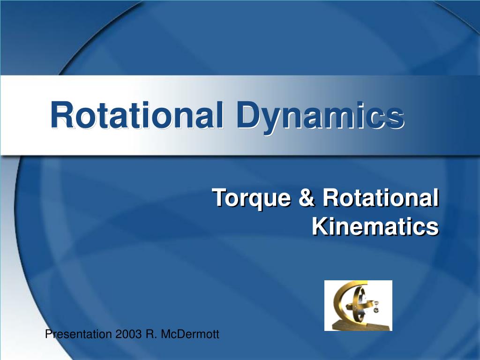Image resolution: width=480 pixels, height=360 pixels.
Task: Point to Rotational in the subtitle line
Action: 380,198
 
